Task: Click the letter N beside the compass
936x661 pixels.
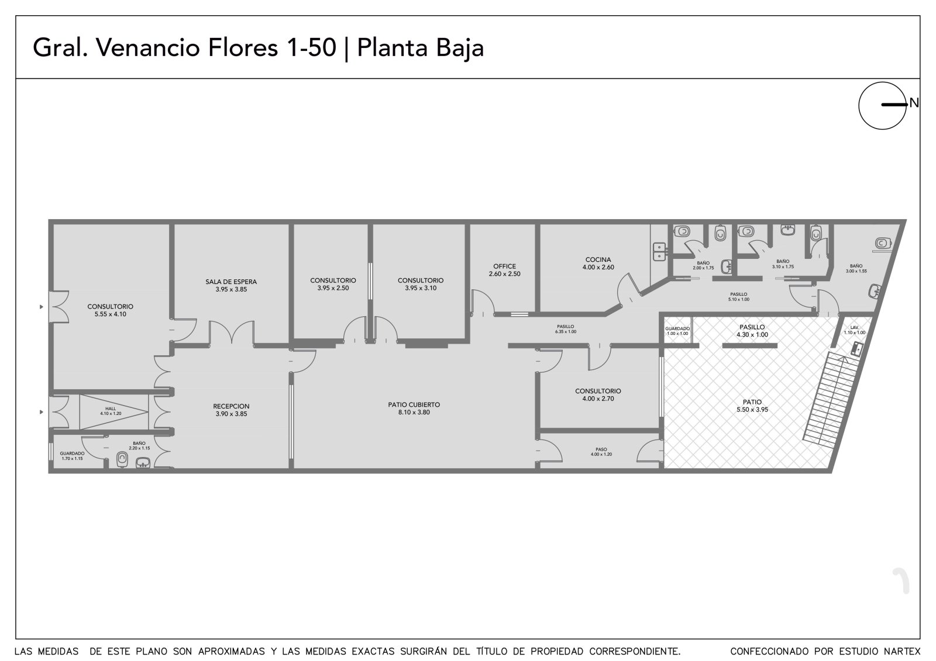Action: point(914,103)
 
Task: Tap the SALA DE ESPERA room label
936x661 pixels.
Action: point(231,282)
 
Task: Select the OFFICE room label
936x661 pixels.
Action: point(505,267)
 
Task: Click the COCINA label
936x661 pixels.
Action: point(598,259)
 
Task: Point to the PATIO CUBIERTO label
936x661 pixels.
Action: point(414,404)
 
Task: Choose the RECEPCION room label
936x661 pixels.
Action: point(231,406)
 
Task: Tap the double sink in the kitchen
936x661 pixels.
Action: point(659,252)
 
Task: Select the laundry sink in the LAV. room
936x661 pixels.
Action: point(857,348)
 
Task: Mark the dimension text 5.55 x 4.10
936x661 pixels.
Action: point(111,314)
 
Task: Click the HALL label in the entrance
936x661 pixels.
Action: point(111,409)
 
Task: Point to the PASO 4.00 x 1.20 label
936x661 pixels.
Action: point(601,452)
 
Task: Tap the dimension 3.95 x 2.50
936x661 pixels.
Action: point(333,288)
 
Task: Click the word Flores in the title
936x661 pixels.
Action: point(243,47)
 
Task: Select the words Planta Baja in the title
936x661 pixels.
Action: point(421,48)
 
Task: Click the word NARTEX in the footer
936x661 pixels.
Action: point(902,652)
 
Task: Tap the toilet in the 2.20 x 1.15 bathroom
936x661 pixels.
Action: point(122,459)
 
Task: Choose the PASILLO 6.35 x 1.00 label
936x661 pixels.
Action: point(566,329)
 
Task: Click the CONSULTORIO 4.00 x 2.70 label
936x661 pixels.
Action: point(598,395)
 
